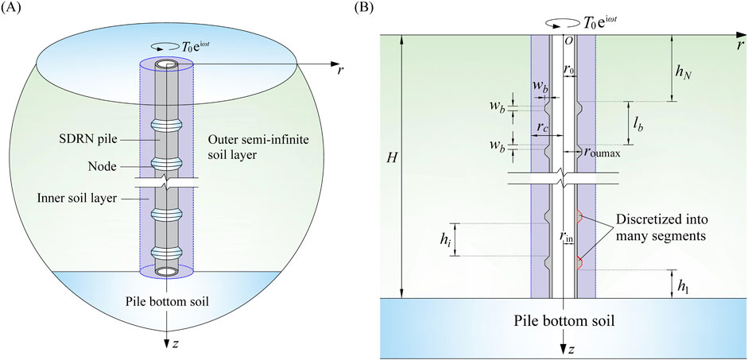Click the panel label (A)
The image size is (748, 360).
[x=14, y=10]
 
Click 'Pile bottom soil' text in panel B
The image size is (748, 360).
[x=564, y=322]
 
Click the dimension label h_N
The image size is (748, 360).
[x=683, y=70]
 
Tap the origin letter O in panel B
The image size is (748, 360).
[x=567, y=42]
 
